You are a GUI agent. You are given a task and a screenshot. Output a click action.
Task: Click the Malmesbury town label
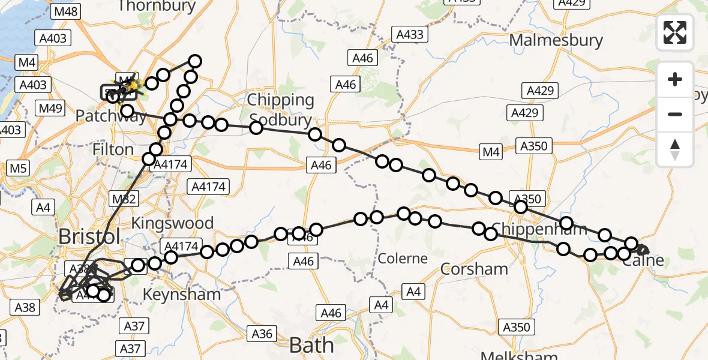click(556, 40)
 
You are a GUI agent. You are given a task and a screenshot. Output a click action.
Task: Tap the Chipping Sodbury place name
click(281, 109)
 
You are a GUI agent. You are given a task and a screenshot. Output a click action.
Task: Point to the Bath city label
click(311, 345)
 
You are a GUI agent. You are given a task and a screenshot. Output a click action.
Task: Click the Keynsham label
click(181, 295)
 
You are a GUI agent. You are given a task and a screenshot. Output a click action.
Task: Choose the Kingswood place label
click(172, 223)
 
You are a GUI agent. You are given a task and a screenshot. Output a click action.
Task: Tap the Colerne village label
click(403, 259)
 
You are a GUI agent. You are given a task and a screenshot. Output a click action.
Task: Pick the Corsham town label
click(475, 268)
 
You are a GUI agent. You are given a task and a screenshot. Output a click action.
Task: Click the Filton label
click(113, 149)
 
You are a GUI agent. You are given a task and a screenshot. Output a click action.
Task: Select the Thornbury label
click(157, 7)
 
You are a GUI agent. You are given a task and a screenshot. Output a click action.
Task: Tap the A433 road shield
click(410, 35)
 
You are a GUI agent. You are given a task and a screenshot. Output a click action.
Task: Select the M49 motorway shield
click(50, 108)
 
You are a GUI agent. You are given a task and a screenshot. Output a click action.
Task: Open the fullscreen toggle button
click(675, 32)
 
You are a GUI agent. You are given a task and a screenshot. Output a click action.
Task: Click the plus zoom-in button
click(675, 79)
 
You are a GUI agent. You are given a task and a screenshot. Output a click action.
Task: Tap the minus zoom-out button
click(675, 114)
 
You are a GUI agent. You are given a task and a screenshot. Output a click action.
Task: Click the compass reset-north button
click(675, 149)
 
